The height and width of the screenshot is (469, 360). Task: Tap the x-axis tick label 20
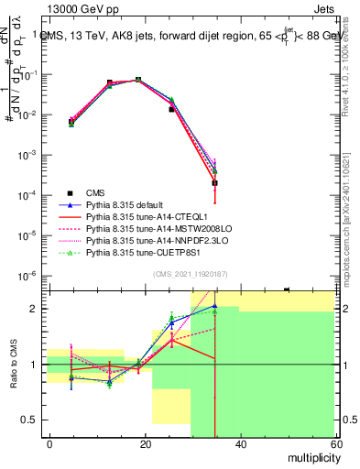click(x=145, y=443)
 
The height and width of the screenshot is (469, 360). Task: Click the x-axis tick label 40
click(x=240, y=443)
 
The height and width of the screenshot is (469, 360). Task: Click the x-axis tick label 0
click(x=49, y=443)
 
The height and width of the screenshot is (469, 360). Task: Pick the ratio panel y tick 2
click(x=35, y=309)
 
